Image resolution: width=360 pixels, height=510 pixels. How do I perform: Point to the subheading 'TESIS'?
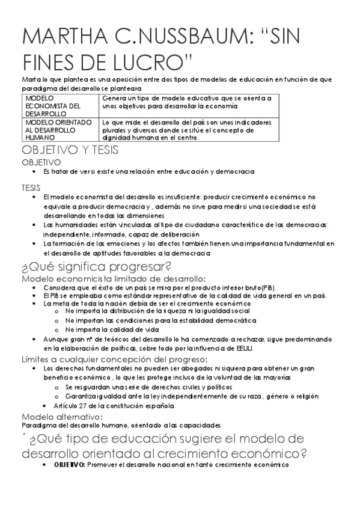[x=31, y=188]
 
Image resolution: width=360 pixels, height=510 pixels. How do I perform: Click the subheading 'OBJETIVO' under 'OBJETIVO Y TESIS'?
[x=41, y=162]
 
